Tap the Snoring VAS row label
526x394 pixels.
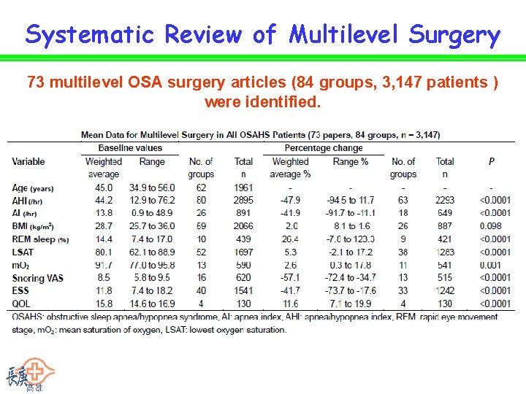click(37, 278)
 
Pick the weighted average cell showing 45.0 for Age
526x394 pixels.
click(103, 187)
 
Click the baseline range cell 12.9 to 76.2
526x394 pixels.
click(152, 200)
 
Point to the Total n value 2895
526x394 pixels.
click(243, 200)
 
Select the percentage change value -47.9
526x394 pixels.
click(290, 200)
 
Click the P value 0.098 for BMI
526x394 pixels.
click(491, 226)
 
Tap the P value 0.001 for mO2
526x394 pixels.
click(491, 266)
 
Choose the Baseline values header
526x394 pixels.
click(130, 148)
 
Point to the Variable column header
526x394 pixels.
click(28, 161)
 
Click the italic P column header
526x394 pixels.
click(491, 161)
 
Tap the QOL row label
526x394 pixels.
click(21, 304)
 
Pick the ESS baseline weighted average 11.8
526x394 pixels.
click(103, 291)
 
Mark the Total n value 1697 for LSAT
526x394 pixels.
click(243, 252)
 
